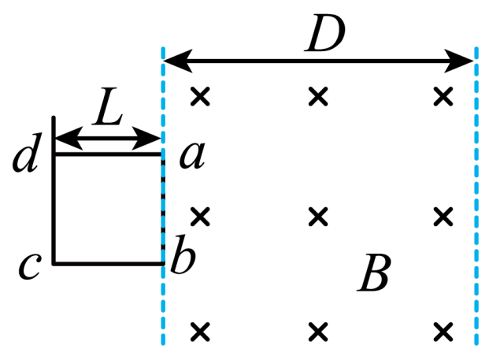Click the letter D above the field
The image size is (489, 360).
click(x=325, y=33)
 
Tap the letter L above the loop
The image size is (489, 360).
click(x=108, y=106)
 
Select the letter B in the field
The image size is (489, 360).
click(x=373, y=273)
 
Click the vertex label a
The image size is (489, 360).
click(x=192, y=156)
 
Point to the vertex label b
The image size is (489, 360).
click(x=183, y=254)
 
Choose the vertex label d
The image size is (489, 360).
click(x=27, y=153)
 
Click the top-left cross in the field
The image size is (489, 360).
click(x=200, y=96)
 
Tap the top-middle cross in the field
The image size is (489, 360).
click(x=318, y=96)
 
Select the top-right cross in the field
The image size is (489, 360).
click(x=443, y=96)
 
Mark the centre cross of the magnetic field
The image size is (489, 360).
click(x=318, y=216)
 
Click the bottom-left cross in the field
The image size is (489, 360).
click(x=200, y=332)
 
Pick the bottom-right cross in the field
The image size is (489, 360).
click(x=443, y=332)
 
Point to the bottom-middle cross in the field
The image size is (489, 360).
click(x=318, y=332)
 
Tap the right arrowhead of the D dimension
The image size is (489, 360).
click(x=459, y=61)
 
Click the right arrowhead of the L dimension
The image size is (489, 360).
click(x=146, y=138)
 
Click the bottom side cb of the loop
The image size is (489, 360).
click(x=109, y=264)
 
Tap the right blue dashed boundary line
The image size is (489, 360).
click(x=476, y=196)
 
